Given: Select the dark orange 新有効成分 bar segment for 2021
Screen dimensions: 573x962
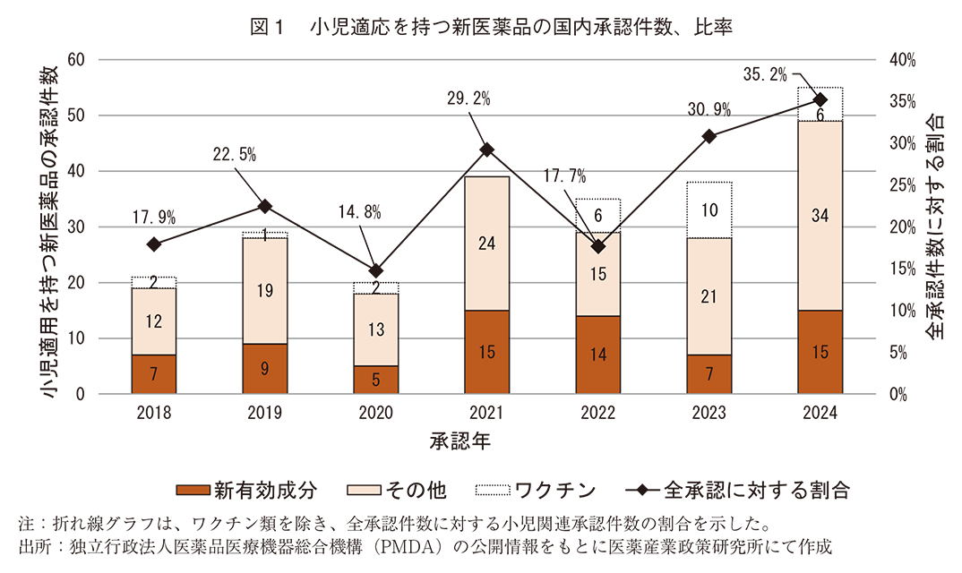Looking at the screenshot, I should pos(486,352).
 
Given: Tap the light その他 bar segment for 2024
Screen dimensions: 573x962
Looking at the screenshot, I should pos(820,215).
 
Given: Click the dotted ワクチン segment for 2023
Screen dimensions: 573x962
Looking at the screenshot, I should pos(709,210).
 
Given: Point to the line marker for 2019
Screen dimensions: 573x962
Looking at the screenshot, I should pos(265,206).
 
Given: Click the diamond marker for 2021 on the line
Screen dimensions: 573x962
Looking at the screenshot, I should pos(486,150).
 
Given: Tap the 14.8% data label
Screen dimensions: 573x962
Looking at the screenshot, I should pos(360,212).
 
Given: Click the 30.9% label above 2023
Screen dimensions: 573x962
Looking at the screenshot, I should pos(709,110).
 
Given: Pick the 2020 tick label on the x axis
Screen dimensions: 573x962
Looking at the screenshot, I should pos(375,414).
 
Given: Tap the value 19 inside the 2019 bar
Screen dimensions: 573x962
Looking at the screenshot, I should pos(265,290).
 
